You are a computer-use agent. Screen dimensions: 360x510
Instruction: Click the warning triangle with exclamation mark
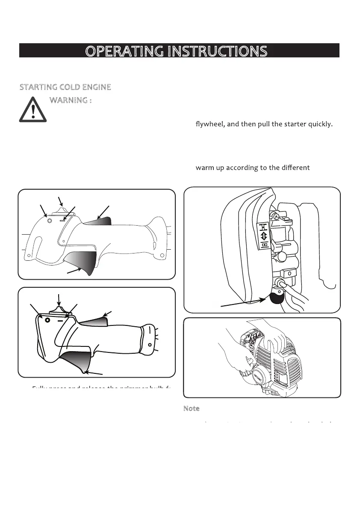pyautogui.click(x=33, y=110)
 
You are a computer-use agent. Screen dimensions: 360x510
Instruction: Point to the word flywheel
pyautogui.click(x=210, y=125)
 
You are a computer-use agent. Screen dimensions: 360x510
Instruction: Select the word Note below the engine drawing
pyautogui.click(x=191, y=409)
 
